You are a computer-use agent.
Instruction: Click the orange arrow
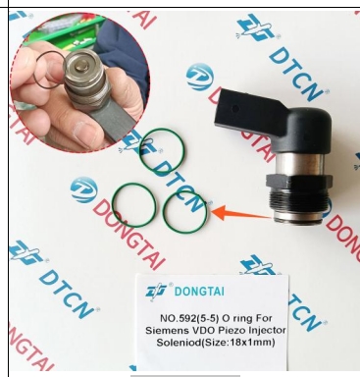coord(242,214)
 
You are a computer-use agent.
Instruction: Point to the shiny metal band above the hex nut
coord(300,164)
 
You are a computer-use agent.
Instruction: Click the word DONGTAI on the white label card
coord(199,291)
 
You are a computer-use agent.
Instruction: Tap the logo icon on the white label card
coord(157,291)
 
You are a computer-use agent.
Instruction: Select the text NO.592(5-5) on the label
coord(189,318)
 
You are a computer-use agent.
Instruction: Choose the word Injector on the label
coord(267,330)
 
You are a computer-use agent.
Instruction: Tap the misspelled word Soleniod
coord(177,343)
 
